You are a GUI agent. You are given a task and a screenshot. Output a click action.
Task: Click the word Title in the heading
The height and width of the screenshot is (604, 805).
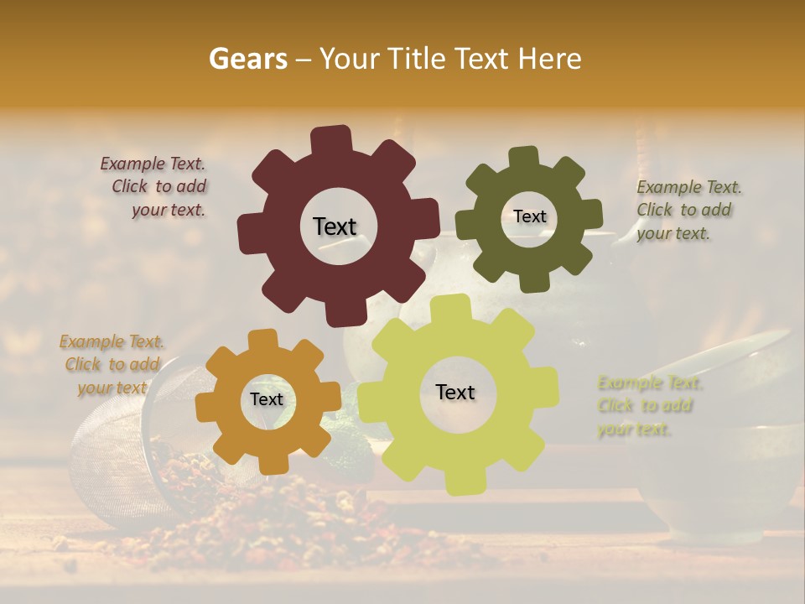pyautogui.click(x=419, y=59)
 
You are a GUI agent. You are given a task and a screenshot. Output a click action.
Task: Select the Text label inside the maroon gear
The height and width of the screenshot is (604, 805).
pyautogui.click(x=335, y=226)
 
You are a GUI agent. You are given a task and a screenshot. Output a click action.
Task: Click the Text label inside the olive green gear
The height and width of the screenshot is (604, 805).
pyautogui.click(x=529, y=216)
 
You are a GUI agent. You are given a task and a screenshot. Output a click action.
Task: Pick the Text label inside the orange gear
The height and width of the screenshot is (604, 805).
pyautogui.click(x=267, y=400)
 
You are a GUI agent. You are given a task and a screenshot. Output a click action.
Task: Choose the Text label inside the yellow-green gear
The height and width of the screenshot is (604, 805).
pyautogui.click(x=455, y=392)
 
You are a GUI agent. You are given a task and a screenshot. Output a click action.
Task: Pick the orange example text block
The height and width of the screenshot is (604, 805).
pyautogui.click(x=112, y=364)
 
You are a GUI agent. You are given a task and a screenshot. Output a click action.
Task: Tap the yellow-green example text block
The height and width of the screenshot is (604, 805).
pyautogui.click(x=647, y=406)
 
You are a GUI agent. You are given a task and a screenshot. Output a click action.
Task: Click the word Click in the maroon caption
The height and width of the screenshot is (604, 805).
pyautogui.click(x=130, y=186)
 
